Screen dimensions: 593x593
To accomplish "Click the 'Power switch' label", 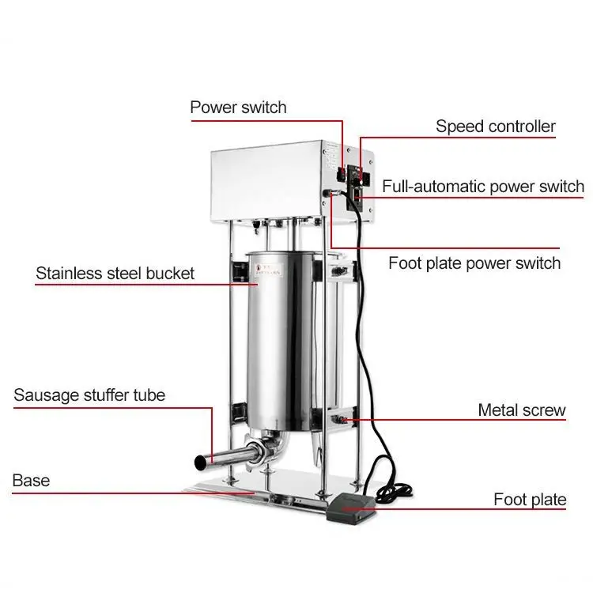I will [x=238, y=107].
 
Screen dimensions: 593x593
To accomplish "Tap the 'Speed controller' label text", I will [x=496, y=127].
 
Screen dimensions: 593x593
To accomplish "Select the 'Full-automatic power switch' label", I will [x=483, y=187].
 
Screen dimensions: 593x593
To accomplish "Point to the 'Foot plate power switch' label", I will [x=474, y=263].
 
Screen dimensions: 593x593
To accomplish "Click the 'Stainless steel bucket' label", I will [x=115, y=274].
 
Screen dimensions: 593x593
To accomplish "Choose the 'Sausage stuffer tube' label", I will [x=89, y=395].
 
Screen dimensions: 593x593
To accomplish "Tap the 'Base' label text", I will [x=31, y=480].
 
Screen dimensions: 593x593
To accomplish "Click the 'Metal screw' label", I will [x=522, y=410].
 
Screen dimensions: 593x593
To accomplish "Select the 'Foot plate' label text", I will [x=530, y=499].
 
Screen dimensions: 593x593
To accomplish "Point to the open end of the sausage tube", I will [x=198, y=461].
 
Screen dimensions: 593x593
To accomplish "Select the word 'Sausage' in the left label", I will [x=46, y=395].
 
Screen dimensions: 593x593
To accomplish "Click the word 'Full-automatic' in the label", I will [x=432, y=187].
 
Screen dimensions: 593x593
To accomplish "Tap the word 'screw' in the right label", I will [x=545, y=410].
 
